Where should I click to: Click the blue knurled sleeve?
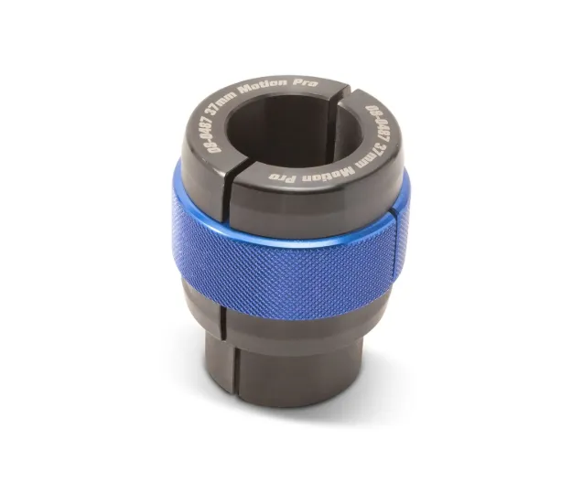tap(293, 256)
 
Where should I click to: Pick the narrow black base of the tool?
tap(293, 375)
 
